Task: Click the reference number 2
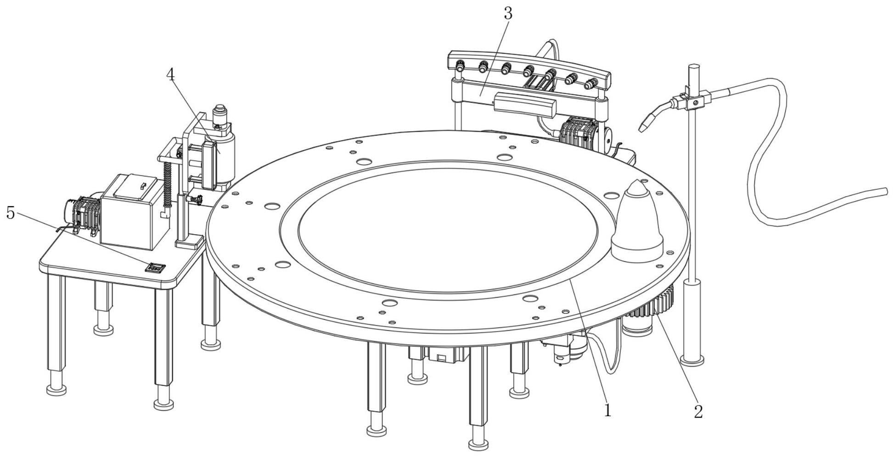tap(698, 412)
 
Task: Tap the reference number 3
tap(508, 13)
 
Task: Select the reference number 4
tap(171, 74)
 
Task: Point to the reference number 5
tap(11, 213)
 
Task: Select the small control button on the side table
tap(155, 267)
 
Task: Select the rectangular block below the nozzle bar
tap(525, 105)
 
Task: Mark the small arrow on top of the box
tap(143, 185)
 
